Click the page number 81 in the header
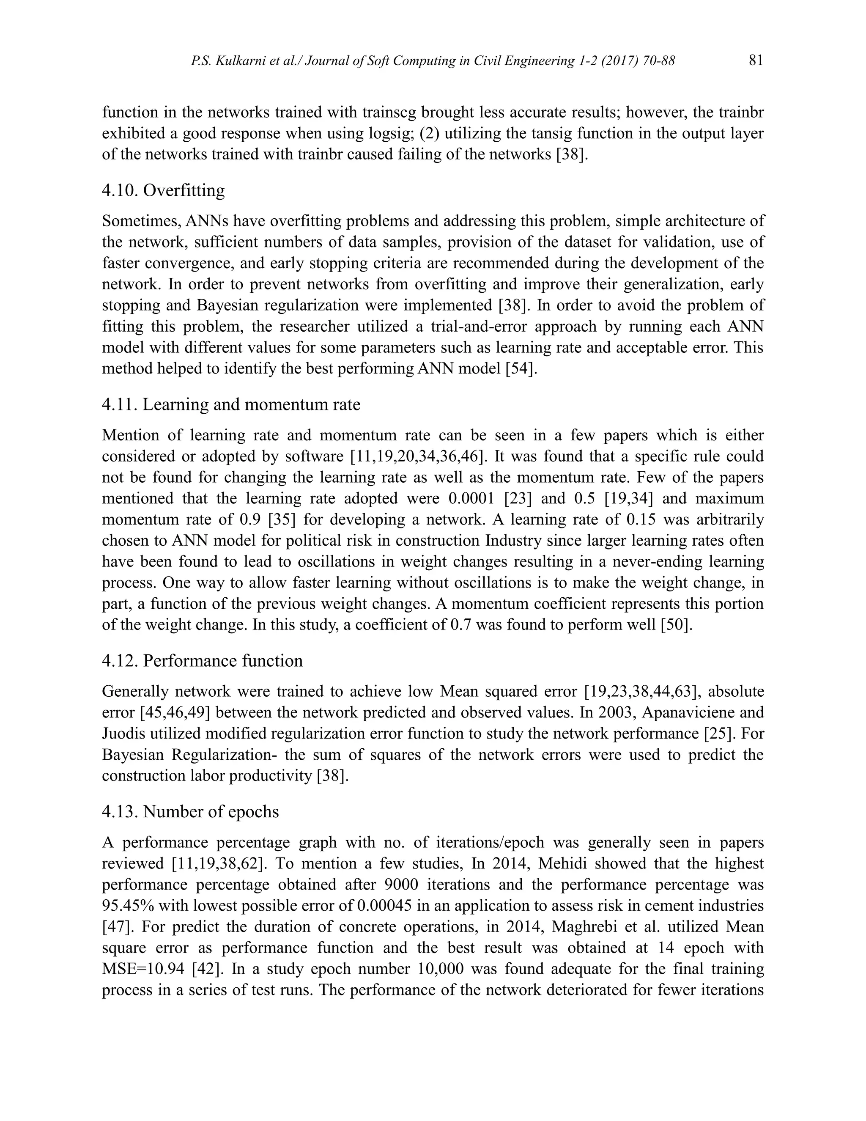[756, 60]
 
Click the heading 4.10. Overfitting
[163, 190]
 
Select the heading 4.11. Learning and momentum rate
[231, 404]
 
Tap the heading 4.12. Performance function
[202, 661]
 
